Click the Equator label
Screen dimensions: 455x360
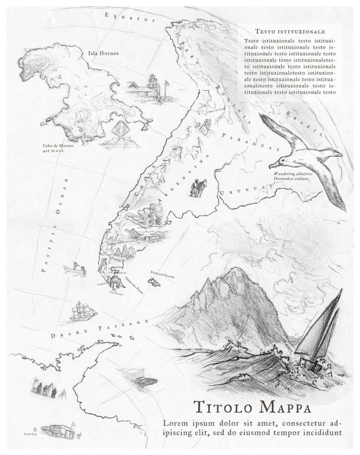[x=129, y=18]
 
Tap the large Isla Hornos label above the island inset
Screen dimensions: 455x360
[x=103, y=53]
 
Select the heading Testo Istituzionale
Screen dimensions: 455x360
[x=290, y=31]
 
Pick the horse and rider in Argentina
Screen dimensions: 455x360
[x=198, y=187]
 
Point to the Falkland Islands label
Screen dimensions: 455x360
[x=162, y=274]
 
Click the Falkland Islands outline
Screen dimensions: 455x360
[x=153, y=282]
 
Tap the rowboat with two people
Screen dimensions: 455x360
[x=75, y=268]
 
